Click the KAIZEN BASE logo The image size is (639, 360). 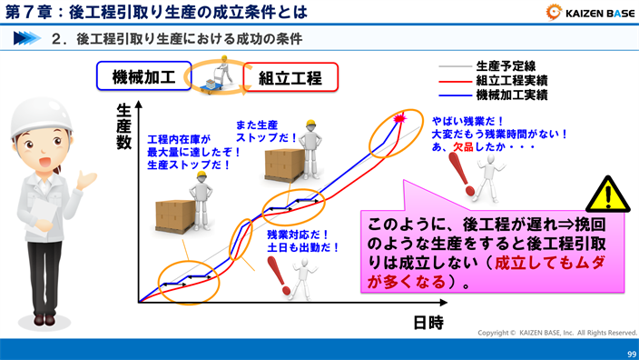tap(590, 12)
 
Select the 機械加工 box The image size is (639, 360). tap(143, 76)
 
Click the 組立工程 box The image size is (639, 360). tap(290, 77)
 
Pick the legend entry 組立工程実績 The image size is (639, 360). tap(511, 80)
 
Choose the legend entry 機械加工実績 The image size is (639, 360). tap(511, 95)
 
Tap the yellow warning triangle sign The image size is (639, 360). tap(606, 195)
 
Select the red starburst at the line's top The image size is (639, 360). tap(399, 120)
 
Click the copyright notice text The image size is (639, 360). tap(557, 333)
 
